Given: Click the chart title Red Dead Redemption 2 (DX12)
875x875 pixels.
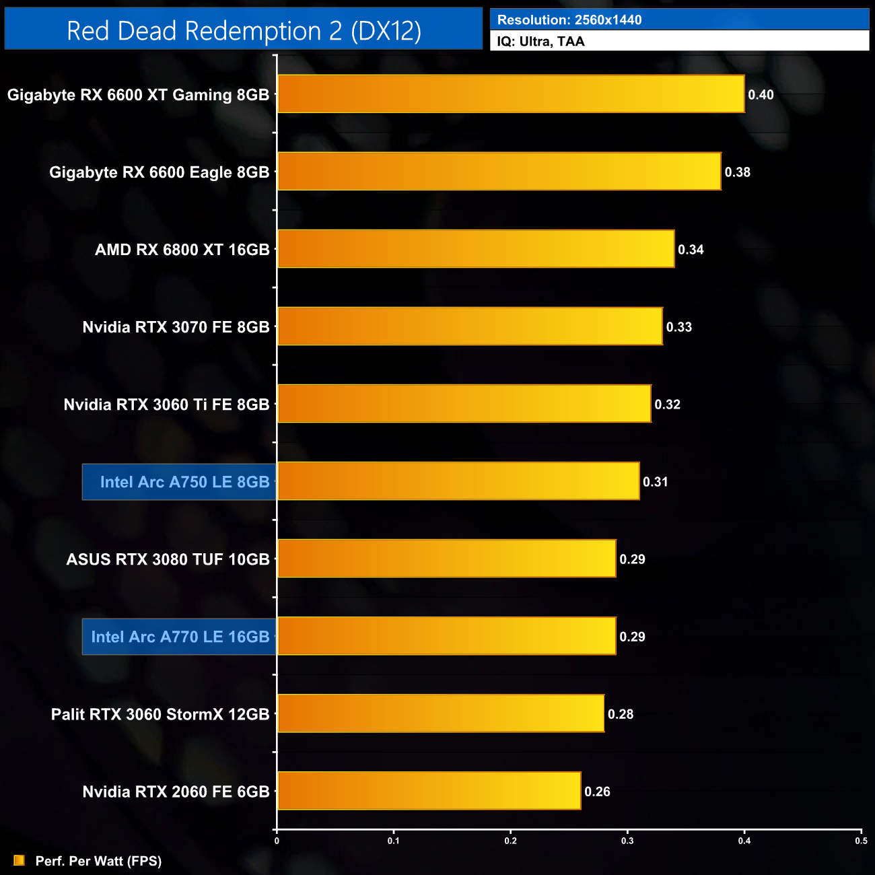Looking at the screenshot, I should [244, 31].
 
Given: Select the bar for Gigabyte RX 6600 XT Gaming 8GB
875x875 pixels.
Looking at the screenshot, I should [511, 94].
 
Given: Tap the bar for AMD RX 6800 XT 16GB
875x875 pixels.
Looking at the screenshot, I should [476, 249].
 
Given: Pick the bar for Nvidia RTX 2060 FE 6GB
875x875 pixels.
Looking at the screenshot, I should [429, 791].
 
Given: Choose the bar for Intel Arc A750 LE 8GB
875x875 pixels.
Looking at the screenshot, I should [458, 481].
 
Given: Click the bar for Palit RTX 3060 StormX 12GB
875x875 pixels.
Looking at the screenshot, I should [441, 713].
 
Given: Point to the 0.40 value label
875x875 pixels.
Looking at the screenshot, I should [761, 95].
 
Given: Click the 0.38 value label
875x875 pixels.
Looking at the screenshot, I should [737, 172].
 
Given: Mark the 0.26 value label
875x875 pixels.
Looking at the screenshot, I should [597, 792].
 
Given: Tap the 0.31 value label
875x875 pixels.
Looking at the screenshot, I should [655, 482].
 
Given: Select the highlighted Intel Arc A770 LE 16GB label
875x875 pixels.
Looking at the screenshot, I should [180, 637].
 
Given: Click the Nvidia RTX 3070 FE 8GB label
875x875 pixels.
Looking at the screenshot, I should [176, 327].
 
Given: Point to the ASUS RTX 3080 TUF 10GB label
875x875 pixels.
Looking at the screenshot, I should [168, 559].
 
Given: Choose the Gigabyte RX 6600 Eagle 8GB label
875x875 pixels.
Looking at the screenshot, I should [159, 172].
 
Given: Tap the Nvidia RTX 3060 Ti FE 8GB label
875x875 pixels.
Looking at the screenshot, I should [166, 405].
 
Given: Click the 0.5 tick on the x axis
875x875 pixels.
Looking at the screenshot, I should [861, 841].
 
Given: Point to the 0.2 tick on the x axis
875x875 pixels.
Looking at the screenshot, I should [511, 841].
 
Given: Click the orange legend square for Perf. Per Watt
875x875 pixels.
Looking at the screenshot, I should [19, 860].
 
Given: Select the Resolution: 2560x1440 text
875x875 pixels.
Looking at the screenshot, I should [569, 20].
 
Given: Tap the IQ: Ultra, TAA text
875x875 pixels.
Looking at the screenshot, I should [540, 42].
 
